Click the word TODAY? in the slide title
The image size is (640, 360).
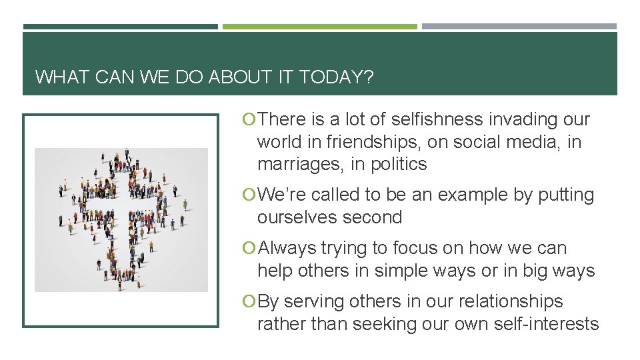pyautogui.click(x=337, y=77)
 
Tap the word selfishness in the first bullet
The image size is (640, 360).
pyautogui.click(x=437, y=119)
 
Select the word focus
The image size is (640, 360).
pyautogui.click(x=417, y=248)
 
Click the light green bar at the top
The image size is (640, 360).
pyautogui.click(x=319, y=27)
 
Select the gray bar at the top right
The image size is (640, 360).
pyautogui.click(x=519, y=27)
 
